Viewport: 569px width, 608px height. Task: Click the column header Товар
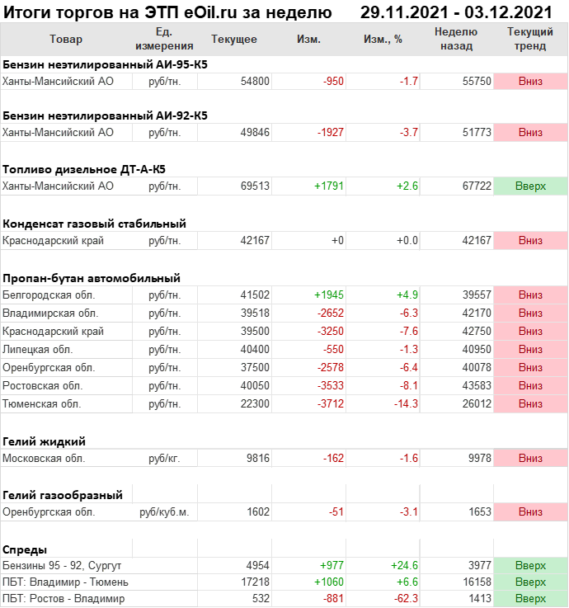66,40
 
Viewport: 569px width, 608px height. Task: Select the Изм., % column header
381,40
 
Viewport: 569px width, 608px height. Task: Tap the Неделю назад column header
456,39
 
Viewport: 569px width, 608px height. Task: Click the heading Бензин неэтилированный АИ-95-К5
105,64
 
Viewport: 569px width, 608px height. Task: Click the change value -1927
329,133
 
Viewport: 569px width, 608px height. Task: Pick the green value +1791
329,186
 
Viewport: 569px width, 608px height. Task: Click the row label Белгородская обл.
49,295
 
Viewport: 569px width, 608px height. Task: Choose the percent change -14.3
403,404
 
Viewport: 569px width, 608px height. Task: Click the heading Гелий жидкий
45,441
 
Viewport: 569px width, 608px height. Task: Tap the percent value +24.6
404,565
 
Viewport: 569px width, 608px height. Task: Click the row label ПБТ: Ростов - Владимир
63,598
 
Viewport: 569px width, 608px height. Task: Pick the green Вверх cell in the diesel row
530,186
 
